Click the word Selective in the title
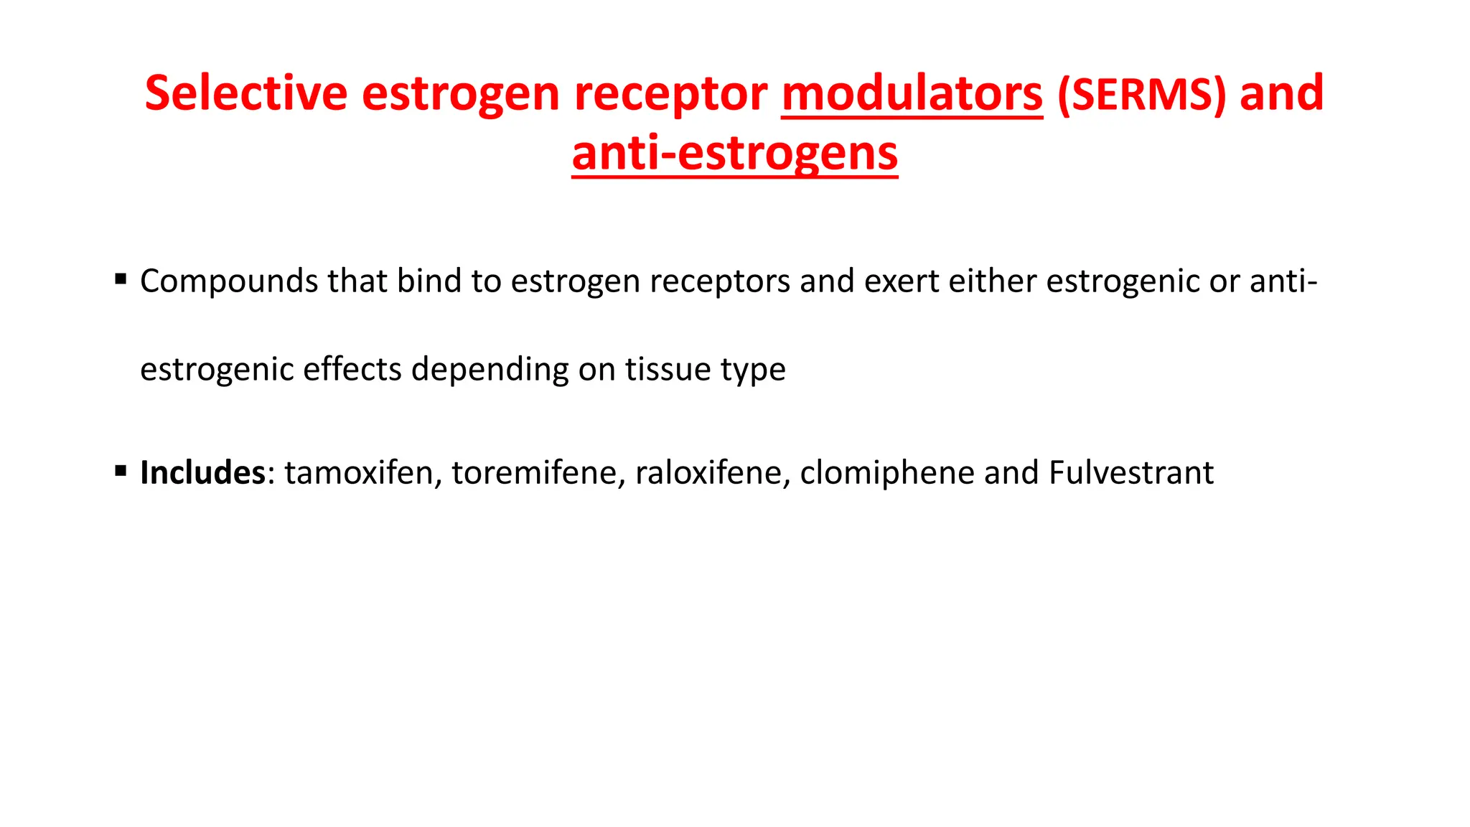coord(246,93)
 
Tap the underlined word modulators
coord(912,93)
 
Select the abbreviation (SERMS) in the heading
coord(1141,95)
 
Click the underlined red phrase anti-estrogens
coord(734,154)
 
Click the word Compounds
coord(228,281)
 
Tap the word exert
coord(902,281)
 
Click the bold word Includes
coord(203,472)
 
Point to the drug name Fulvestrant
coord(1131,472)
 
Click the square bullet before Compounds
coord(121,279)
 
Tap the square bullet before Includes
coord(121,471)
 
